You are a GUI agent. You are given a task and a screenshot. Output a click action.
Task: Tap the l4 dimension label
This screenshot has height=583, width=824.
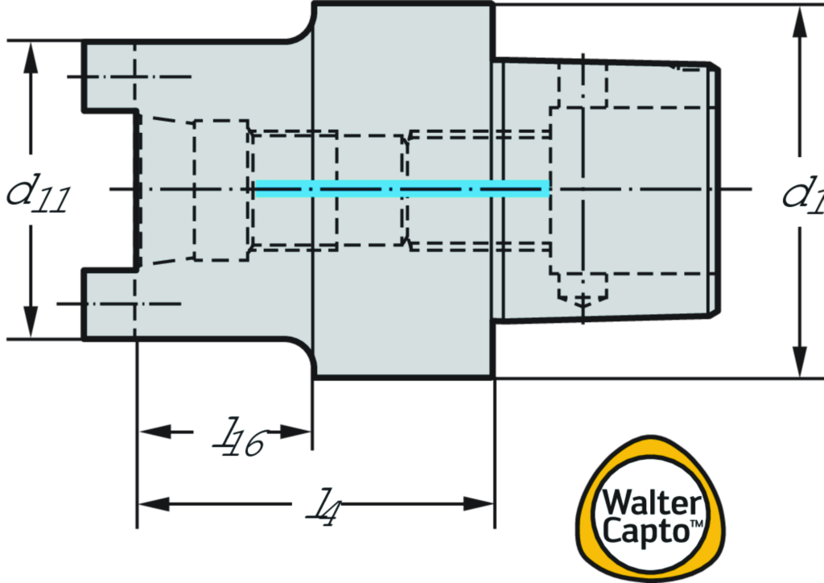pos(317,504)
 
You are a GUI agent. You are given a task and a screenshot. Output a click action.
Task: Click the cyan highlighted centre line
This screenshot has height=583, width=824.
pos(402,188)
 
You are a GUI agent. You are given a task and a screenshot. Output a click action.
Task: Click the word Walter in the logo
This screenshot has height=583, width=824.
pos(651,504)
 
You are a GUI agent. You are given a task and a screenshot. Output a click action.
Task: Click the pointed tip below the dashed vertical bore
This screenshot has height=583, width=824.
pos(583,305)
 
